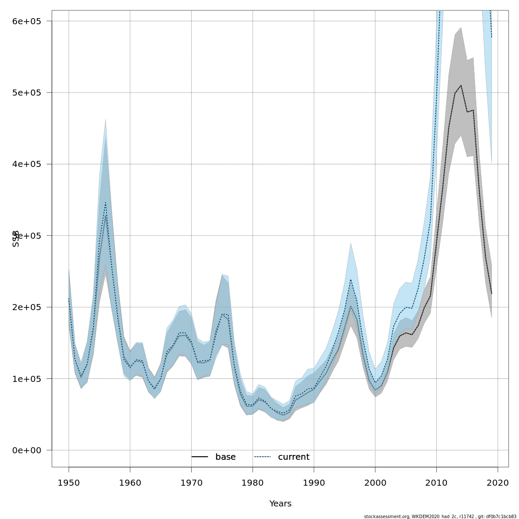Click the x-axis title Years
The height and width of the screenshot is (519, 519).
click(280, 504)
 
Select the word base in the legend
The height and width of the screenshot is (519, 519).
click(225, 457)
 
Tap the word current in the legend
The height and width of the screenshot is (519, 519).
click(294, 457)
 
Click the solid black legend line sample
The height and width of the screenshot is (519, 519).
click(200, 457)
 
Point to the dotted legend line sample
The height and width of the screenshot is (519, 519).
click(263, 457)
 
